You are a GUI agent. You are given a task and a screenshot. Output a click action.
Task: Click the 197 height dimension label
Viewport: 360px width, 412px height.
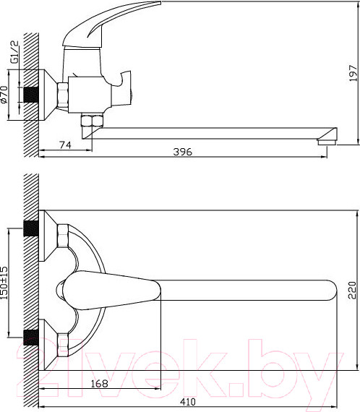(x=353, y=73)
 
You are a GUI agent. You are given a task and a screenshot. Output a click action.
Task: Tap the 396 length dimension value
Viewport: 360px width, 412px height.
(x=183, y=152)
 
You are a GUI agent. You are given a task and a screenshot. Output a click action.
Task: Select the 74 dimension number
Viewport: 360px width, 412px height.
(x=65, y=145)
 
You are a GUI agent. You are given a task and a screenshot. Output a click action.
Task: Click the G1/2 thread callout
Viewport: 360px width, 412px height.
(x=14, y=52)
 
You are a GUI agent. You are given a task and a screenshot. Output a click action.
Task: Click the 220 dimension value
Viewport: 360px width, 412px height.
(x=352, y=291)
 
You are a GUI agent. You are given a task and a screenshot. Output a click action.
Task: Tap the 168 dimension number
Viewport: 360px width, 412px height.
(x=99, y=384)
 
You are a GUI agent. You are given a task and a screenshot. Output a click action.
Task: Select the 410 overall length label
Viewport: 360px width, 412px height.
(x=188, y=402)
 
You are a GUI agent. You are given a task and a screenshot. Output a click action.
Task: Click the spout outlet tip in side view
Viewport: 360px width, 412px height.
(x=327, y=142)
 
